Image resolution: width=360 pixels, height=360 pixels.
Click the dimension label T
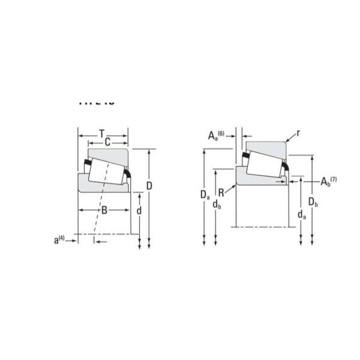(102, 133)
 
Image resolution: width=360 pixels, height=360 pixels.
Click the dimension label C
(107, 142)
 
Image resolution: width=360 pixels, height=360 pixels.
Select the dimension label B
(104, 210)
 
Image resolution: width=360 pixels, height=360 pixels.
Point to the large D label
(149, 186)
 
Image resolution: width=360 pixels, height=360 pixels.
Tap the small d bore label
(139, 211)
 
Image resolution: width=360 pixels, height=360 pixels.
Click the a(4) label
(59, 240)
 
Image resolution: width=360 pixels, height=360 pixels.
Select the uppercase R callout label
(221, 193)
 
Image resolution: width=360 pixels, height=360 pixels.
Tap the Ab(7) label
(328, 181)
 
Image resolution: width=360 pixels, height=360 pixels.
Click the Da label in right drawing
(205, 194)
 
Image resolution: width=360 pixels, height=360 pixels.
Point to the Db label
(313, 201)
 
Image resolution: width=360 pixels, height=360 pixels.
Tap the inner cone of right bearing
(258, 180)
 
